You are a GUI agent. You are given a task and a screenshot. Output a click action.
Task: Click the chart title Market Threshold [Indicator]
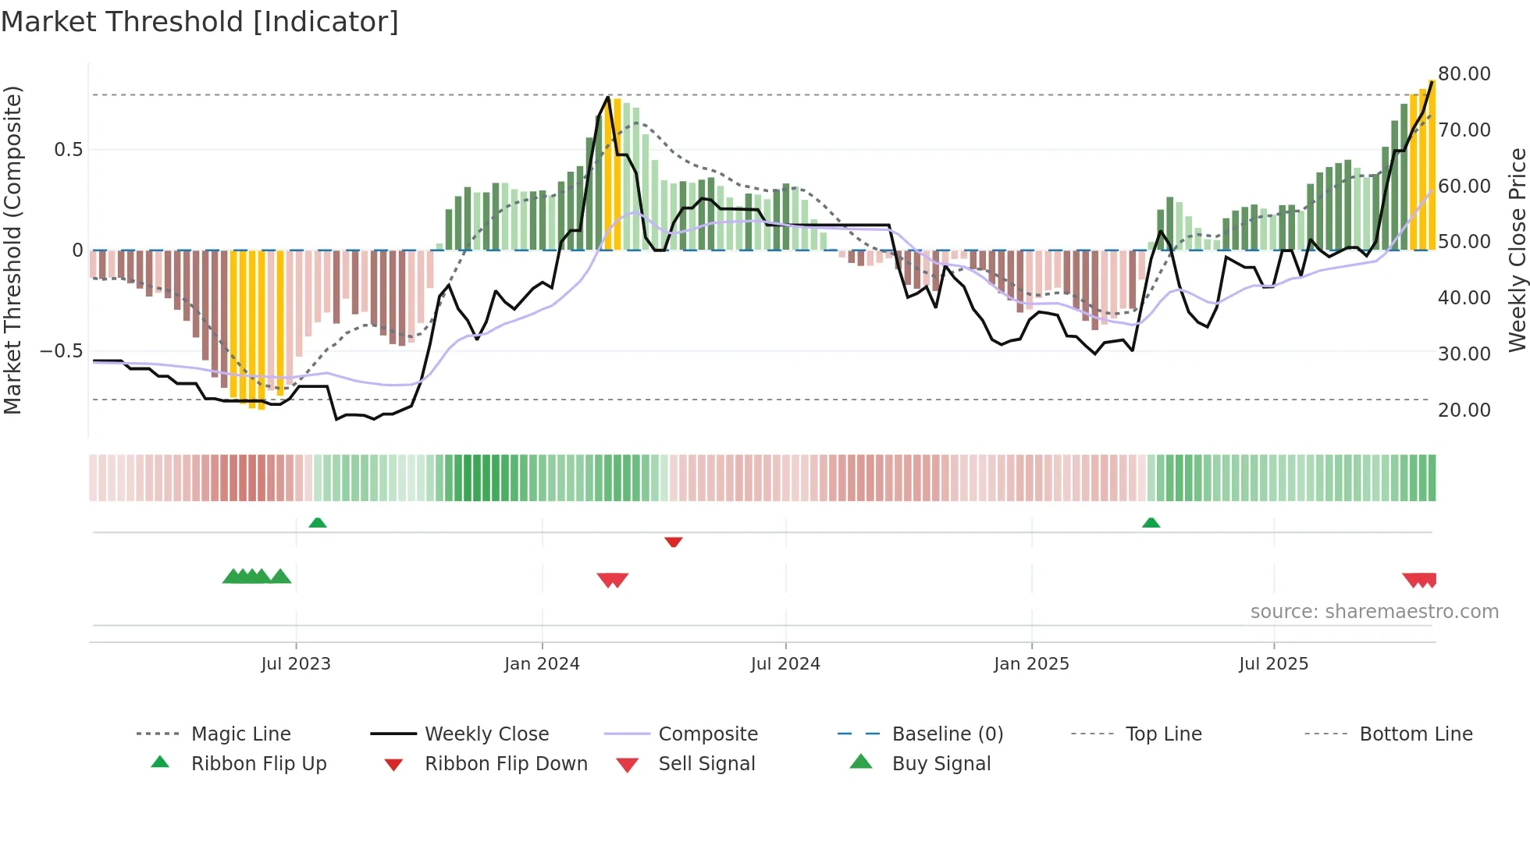[x=200, y=22]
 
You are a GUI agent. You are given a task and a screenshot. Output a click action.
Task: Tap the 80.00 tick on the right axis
[x=1464, y=74]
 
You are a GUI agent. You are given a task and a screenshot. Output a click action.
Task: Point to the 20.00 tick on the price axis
[x=1464, y=410]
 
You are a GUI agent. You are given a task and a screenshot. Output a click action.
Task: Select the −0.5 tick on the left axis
[x=62, y=351]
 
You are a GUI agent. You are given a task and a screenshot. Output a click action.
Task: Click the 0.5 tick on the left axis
[x=68, y=150]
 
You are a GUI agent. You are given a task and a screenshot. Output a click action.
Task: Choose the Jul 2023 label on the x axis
[x=296, y=664]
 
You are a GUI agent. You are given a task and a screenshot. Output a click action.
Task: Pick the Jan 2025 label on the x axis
[x=1031, y=664]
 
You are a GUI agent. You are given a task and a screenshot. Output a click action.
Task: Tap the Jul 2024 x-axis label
[x=785, y=664]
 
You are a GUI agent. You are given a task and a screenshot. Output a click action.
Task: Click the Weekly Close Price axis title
[x=1517, y=250]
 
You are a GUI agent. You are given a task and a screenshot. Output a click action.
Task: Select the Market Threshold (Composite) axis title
[x=12, y=250]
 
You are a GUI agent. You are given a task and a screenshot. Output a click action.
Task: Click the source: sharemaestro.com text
[x=1374, y=612]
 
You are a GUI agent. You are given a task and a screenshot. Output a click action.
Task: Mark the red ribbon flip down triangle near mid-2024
[x=674, y=542]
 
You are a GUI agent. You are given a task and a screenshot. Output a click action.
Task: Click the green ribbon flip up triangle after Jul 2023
[x=318, y=523]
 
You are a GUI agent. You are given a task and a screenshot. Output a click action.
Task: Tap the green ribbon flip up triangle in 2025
[x=1151, y=523]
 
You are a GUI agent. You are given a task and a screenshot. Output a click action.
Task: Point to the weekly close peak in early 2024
[x=608, y=98]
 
